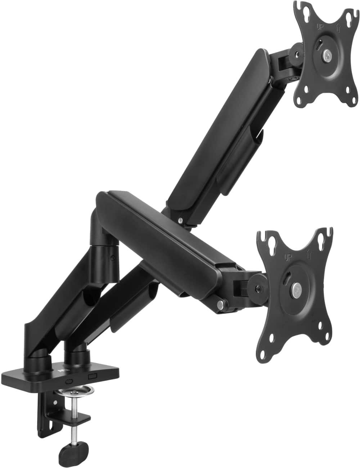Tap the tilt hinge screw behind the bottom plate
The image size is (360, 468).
point(258,289)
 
